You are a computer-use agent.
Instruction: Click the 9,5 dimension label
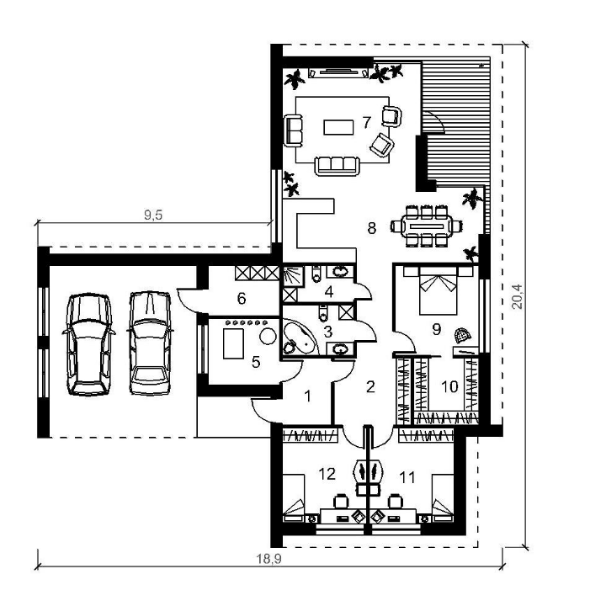point(153,215)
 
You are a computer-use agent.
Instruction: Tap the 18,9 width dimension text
point(269,559)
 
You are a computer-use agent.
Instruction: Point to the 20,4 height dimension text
point(517,296)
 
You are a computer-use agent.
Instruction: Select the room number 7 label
point(366,122)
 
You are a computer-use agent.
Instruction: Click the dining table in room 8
point(427,226)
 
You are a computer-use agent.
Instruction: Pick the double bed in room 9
point(439,290)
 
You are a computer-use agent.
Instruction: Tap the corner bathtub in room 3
point(299,337)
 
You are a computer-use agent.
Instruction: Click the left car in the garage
point(89,344)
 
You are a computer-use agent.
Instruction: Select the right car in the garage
point(150,343)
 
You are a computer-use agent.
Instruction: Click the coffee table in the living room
point(338,127)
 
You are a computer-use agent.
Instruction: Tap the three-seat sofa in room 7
point(337,166)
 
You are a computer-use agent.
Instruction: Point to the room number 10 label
point(449,386)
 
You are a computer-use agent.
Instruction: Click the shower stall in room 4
point(290,275)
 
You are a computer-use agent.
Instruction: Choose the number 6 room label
point(242,298)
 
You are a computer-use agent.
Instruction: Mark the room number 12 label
point(327,474)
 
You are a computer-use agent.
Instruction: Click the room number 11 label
point(407,477)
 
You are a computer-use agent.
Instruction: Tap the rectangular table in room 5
point(233,343)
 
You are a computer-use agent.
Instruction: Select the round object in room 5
point(268,336)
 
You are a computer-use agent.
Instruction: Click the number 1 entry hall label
point(308,396)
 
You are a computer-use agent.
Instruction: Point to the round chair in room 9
point(462,335)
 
